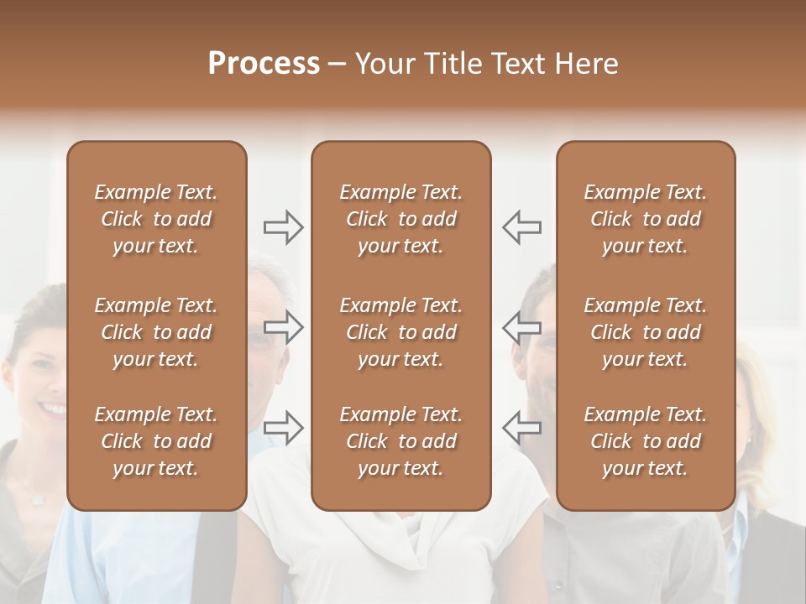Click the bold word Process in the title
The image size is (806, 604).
tap(264, 64)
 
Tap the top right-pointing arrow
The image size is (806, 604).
tap(284, 227)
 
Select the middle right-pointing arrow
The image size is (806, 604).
tap(284, 327)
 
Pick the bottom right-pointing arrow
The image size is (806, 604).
tap(284, 427)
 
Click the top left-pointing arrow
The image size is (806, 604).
tap(521, 227)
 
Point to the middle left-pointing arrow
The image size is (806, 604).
tap(521, 327)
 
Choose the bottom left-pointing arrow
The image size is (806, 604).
tap(521, 427)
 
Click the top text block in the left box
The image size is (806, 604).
tap(156, 219)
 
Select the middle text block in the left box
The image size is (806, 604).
tap(156, 332)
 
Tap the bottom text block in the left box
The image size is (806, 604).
tap(156, 441)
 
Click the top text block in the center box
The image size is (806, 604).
tap(401, 219)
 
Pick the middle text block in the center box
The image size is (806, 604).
tap(401, 332)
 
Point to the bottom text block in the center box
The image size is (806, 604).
tap(401, 441)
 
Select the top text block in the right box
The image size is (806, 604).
tap(646, 219)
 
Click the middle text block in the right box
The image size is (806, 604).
tap(646, 332)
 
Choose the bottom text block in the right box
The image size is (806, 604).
tap(646, 441)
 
